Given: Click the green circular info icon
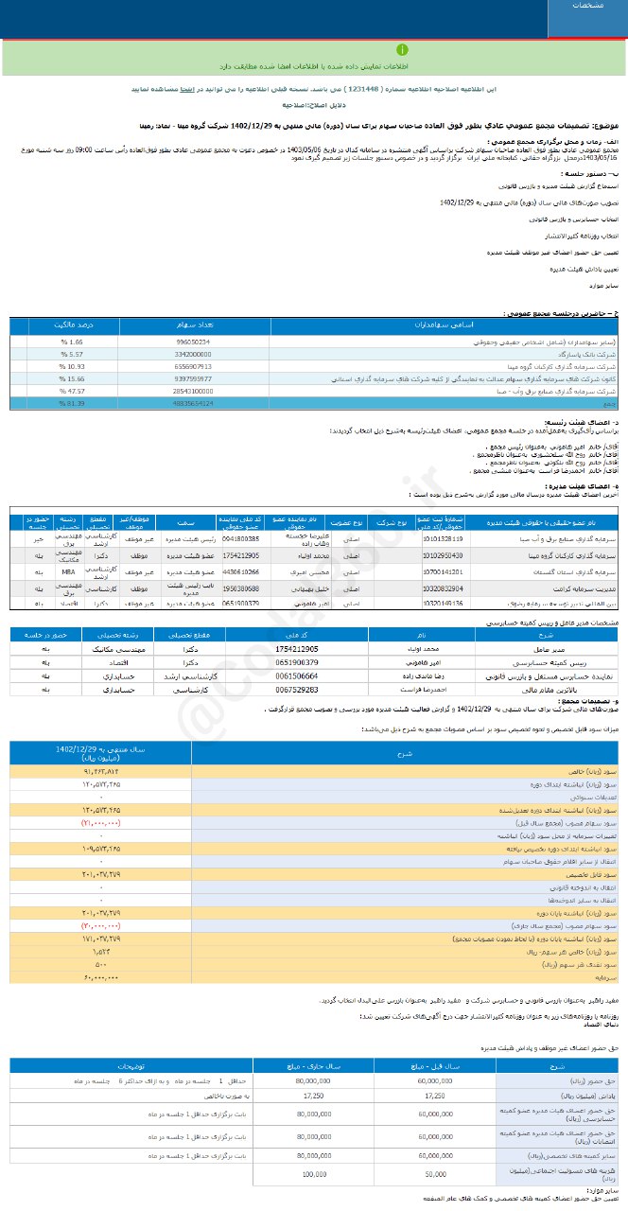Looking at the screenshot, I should point(404,48).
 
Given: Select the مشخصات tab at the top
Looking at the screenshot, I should point(587,6).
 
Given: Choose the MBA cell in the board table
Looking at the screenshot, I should point(67,571).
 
